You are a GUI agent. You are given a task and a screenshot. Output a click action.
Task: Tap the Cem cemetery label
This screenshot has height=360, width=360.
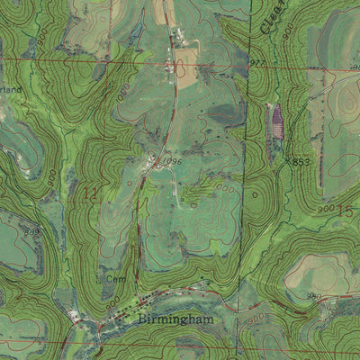point(113,280)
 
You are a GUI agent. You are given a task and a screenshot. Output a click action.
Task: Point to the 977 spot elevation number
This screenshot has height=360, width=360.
point(257,62)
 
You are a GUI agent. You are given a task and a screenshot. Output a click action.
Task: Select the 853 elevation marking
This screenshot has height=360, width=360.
point(301,162)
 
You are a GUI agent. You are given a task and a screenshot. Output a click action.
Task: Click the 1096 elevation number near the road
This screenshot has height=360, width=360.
point(172,162)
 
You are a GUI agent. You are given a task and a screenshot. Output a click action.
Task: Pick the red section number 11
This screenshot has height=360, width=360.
point(89,193)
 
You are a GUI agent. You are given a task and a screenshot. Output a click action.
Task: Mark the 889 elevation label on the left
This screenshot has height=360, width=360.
point(32,232)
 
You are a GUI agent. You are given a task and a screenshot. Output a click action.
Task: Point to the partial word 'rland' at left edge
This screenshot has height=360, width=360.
point(9,90)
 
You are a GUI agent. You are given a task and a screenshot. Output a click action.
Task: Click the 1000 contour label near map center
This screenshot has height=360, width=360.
point(223,189)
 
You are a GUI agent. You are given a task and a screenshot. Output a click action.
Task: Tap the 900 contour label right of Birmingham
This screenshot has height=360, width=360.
point(256,318)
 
